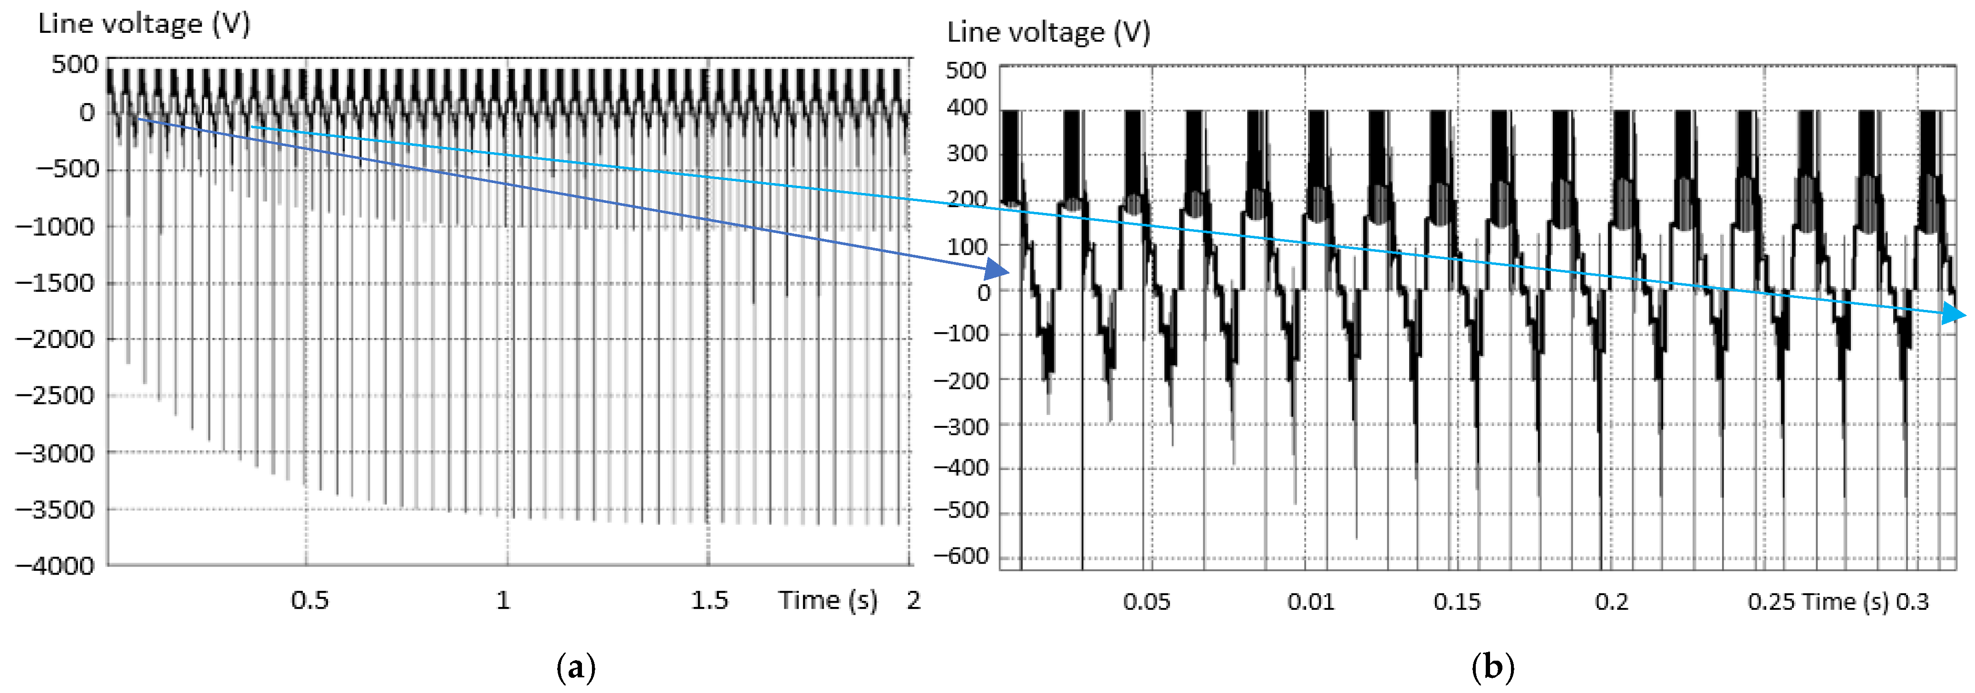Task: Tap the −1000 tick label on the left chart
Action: coord(55,227)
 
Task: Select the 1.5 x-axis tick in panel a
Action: coord(709,600)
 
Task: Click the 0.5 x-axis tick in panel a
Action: coord(310,600)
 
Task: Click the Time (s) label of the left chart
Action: coord(828,600)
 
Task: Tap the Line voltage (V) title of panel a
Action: coord(144,24)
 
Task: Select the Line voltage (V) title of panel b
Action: coord(1048,32)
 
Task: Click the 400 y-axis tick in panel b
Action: coord(966,108)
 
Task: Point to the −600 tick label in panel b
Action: coord(961,556)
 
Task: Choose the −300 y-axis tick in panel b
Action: coord(961,426)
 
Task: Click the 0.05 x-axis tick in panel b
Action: coord(1146,602)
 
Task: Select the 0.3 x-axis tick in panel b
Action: coord(1912,602)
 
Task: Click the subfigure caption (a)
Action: coord(575,668)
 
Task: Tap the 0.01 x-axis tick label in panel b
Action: coord(1310,602)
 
